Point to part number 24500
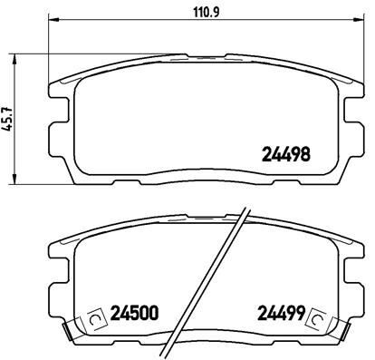point(133,316)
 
